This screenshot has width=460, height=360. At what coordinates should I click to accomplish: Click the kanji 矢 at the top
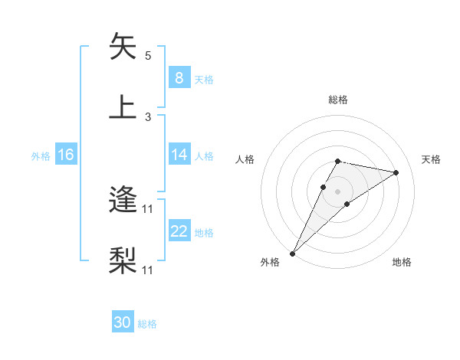tap(123, 47)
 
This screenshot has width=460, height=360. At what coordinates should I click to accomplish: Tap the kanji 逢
tap(123, 201)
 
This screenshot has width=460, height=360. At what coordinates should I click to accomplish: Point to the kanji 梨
tap(123, 260)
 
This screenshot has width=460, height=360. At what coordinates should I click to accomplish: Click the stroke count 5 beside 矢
tap(148, 56)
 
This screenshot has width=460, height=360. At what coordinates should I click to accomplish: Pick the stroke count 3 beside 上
tap(148, 116)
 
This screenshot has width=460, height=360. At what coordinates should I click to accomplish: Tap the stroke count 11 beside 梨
tap(149, 270)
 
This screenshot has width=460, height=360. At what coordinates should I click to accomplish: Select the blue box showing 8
tap(179, 77)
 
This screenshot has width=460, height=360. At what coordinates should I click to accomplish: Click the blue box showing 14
tap(179, 155)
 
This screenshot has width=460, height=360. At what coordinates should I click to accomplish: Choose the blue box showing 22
tap(179, 231)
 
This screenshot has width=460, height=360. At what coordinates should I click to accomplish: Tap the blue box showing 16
tap(65, 155)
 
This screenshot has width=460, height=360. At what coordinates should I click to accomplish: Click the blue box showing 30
tap(123, 322)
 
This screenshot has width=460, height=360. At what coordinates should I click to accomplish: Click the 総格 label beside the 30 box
tap(147, 324)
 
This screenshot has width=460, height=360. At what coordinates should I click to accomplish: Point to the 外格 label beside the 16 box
tap(41, 156)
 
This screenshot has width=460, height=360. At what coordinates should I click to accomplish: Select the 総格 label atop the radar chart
tap(338, 100)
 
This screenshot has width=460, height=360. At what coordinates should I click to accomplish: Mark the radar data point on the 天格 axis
tap(396, 172)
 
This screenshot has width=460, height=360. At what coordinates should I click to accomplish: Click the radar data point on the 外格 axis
tap(293, 253)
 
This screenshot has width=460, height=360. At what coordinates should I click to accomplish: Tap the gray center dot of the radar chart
tap(338, 191)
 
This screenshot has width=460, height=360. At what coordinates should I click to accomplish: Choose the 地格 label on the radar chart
tap(402, 262)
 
